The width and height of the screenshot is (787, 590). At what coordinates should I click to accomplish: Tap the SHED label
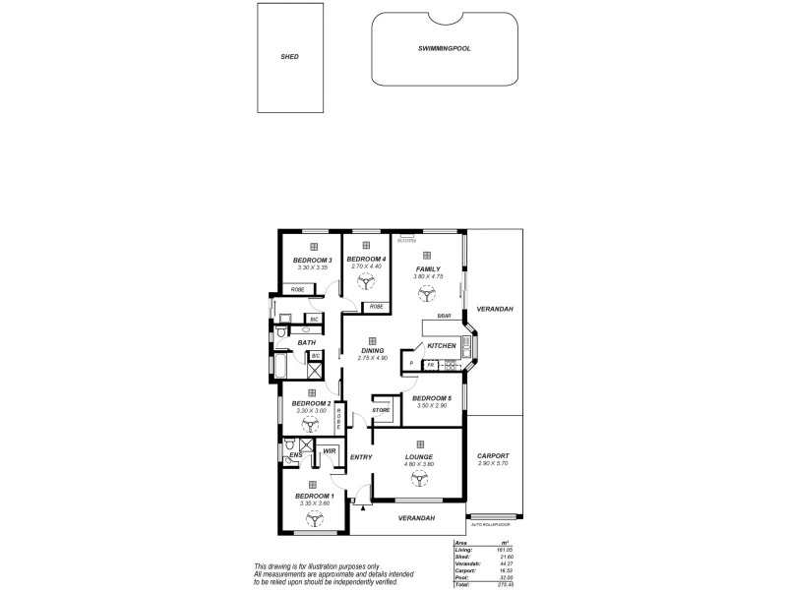pyautogui.click(x=289, y=57)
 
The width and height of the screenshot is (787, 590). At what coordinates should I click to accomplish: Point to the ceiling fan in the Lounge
pyautogui.click(x=420, y=481)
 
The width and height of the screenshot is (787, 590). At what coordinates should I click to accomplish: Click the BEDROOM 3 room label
pyautogui.click(x=312, y=260)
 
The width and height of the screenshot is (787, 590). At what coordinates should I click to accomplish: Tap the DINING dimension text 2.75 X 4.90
pyautogui.click(x=372, y=358)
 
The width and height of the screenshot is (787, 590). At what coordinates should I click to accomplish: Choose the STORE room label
pyautogui.click(x=381, y=409)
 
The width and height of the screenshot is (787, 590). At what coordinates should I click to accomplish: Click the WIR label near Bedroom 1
pyautogui.click(x=330, y=451)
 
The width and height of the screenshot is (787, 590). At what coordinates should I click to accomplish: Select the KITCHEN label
pyautogui.click(x=442, y=346)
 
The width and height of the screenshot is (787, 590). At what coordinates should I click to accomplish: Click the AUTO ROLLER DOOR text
pyautogui.click(x=492, y=523)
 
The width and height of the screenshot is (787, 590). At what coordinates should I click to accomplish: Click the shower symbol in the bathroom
pyautogui.click(x=316, y=371)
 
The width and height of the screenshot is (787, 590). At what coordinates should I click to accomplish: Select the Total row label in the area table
pyautogui.click(x=462, y=584)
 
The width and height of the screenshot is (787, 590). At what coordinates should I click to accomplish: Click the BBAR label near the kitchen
pyautogui.click(x=444, y=316)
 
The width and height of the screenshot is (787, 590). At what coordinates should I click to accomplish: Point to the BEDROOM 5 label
pyautogui.click(x=432, y=397)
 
